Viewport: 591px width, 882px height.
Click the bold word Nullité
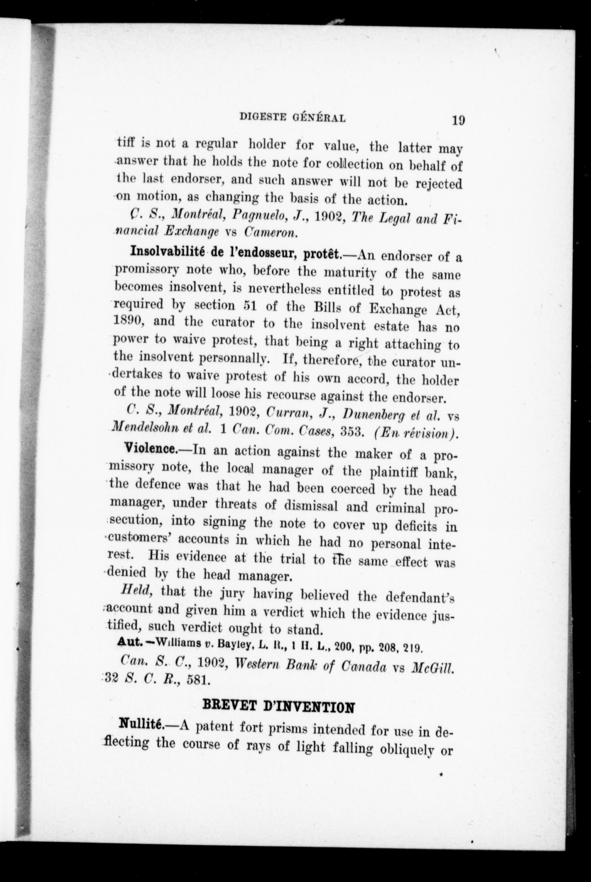tap(140, 724)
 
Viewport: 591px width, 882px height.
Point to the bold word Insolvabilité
tap(167, 252)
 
